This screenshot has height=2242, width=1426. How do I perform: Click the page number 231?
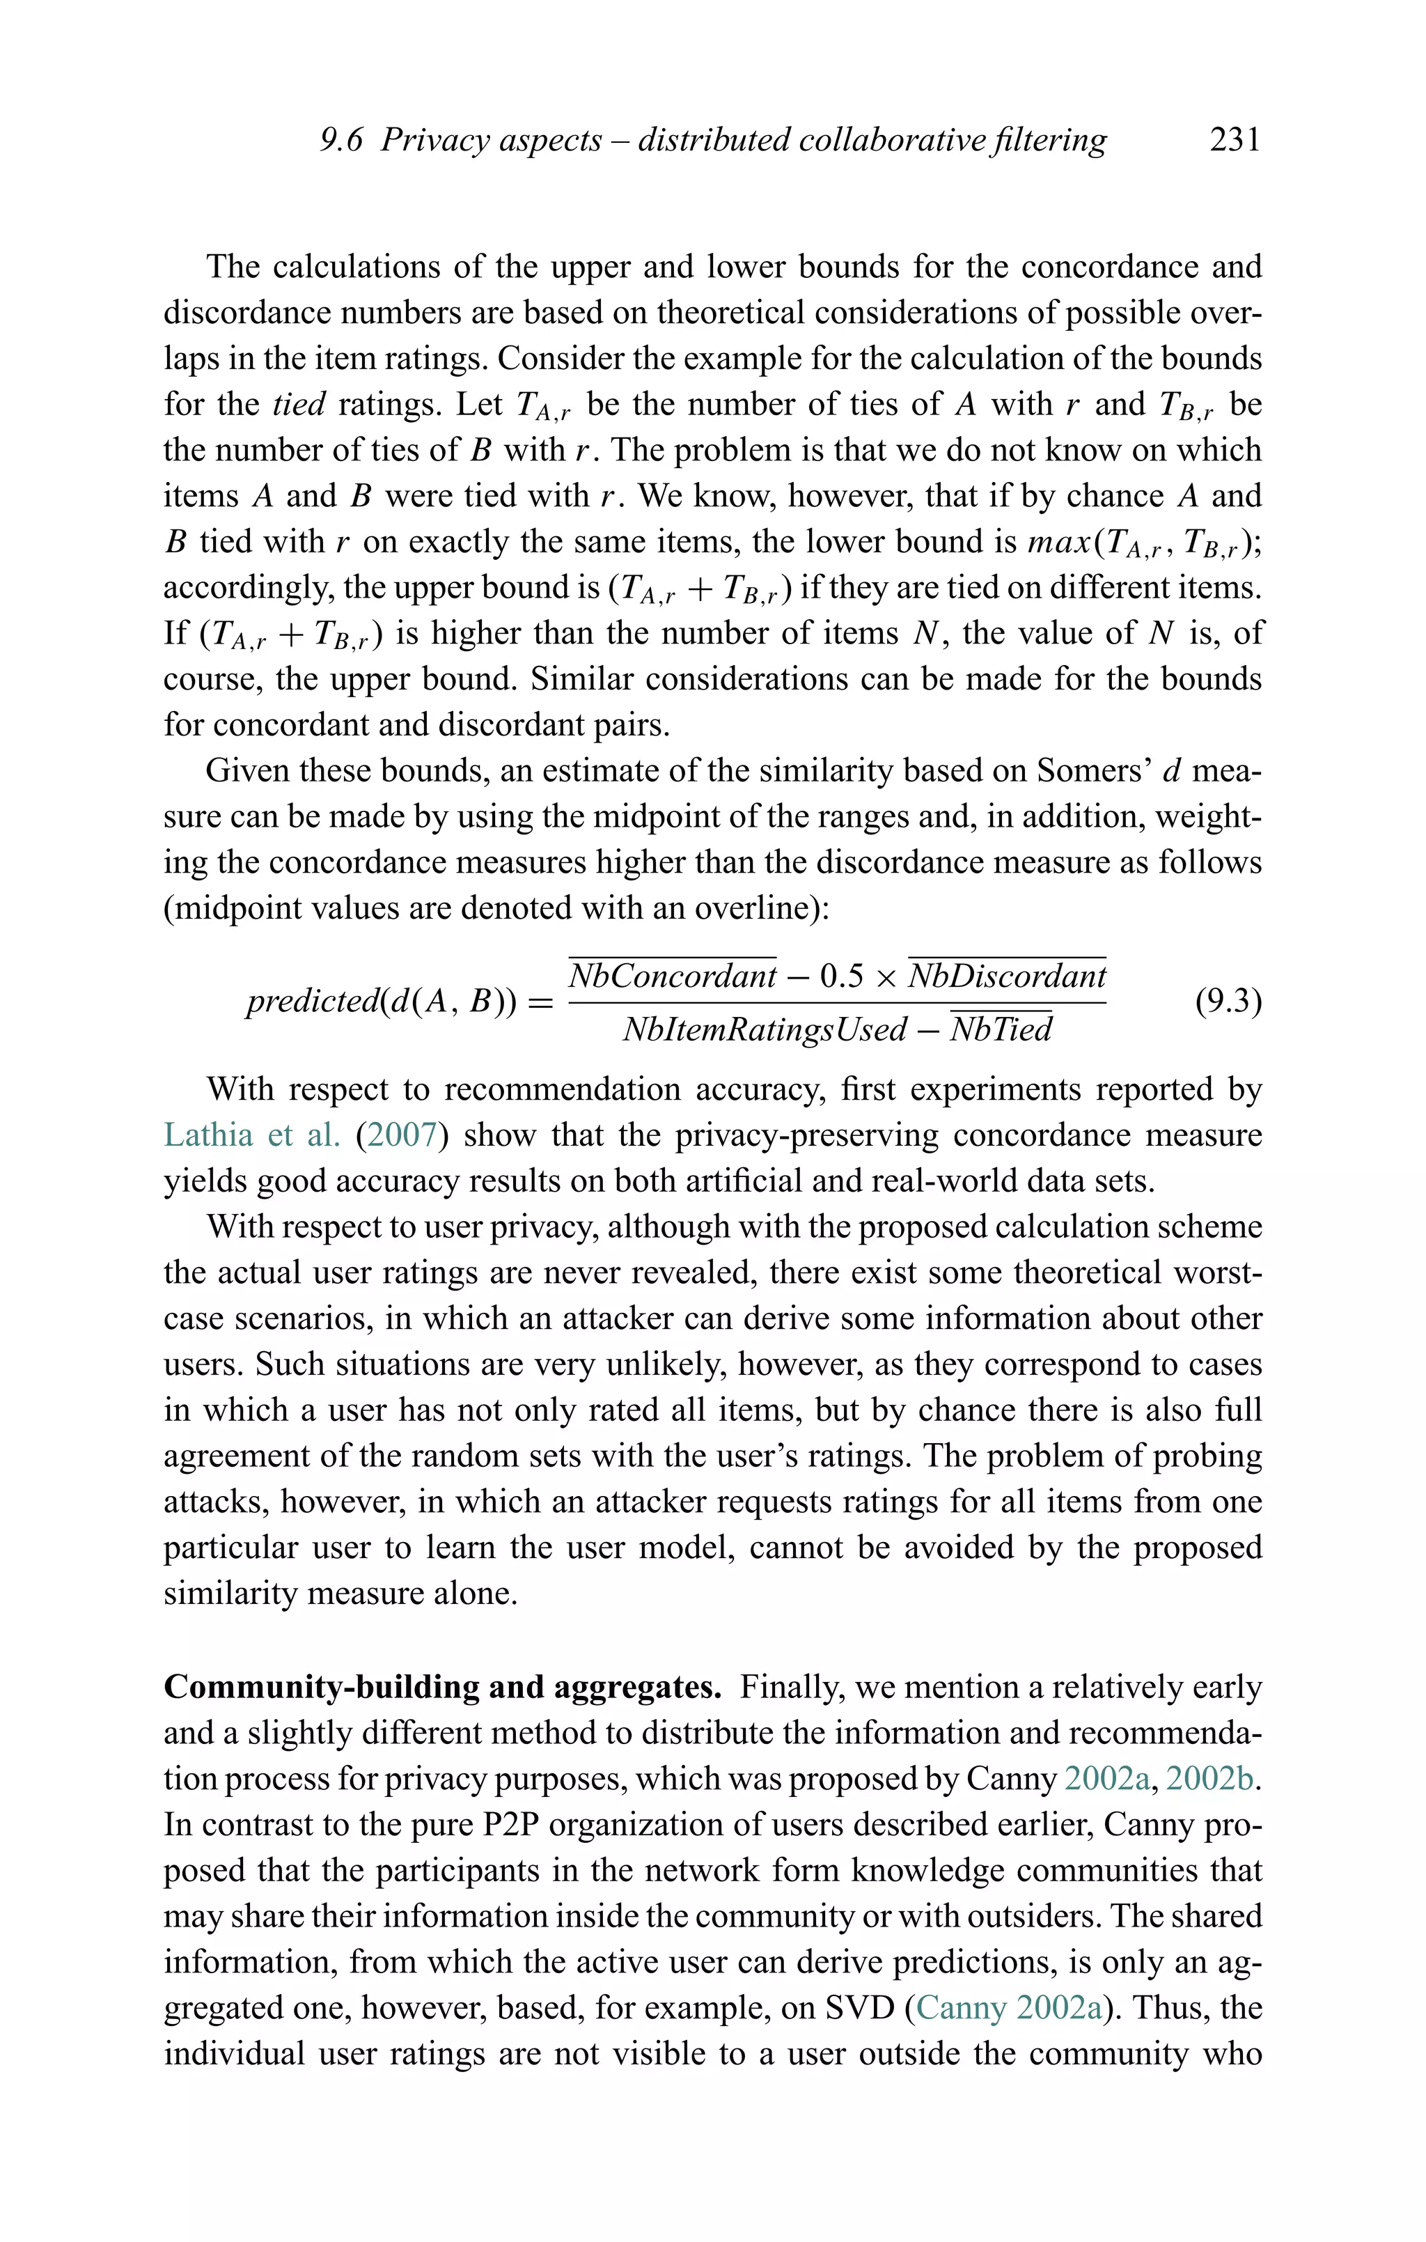point(1235,140)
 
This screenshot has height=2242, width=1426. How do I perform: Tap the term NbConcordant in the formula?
point(672,976)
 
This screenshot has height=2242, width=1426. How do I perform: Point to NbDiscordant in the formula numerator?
point(1007,976)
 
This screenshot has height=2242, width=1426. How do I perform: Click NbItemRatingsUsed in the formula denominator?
point(765,1029)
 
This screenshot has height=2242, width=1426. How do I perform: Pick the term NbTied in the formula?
point(1001,1029)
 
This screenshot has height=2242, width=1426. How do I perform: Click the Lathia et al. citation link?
point(251,1135)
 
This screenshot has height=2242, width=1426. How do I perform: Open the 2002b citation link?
point(1211,1780)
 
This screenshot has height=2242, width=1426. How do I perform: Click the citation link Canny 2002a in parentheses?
point(1009,2007)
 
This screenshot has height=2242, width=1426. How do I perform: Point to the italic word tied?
point(299,404)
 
